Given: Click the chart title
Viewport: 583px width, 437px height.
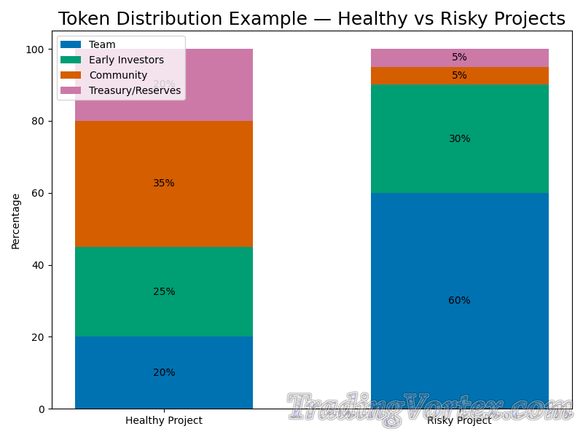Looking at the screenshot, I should coord(311,19).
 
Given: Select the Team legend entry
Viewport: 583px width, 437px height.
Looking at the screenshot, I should coord(102,44).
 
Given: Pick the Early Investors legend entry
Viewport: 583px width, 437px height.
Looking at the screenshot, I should coord(126,60).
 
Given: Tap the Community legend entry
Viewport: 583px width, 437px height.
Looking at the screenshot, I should coord(118,75).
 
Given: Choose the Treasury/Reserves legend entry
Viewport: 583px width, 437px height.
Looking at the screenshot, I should coord(135,90).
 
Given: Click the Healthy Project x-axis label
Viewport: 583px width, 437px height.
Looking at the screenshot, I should coord(164,420).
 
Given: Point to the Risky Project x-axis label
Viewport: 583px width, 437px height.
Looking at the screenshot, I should coord(459,420).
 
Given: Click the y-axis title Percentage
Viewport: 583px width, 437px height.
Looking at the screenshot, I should coord(15,221).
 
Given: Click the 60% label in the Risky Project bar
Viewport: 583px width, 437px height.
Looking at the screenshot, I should coord(459,301).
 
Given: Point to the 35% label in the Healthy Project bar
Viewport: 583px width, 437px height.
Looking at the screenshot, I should coord(164,184).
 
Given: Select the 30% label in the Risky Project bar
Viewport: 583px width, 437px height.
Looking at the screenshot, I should coord(459,139).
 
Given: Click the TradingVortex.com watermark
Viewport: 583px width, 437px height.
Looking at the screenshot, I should coord(430,408).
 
